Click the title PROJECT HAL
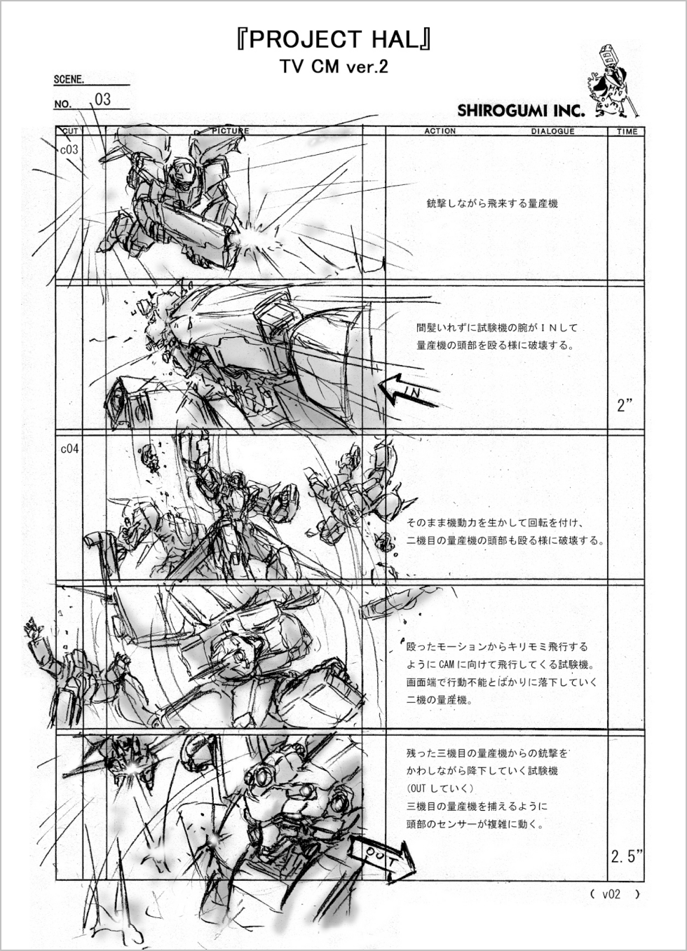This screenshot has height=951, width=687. click(334, 40)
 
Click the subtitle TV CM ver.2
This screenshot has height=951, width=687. click(334, 67)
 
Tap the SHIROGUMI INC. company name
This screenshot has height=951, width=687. click(521, 111)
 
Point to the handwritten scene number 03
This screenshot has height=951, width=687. click(103, 100)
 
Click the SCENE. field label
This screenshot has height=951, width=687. click(69, 79)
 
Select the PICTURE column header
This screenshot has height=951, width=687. click(231, 131)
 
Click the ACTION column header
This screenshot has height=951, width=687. click(440, 131)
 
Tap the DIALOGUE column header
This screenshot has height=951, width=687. click(552, 131)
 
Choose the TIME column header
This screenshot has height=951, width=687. click(627, 131)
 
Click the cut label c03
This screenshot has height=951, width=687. click(69, 149)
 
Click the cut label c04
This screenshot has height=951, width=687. click(69, 449)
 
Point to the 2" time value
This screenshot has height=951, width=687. click(624, 406)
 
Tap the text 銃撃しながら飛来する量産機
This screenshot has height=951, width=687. click(491, 204)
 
